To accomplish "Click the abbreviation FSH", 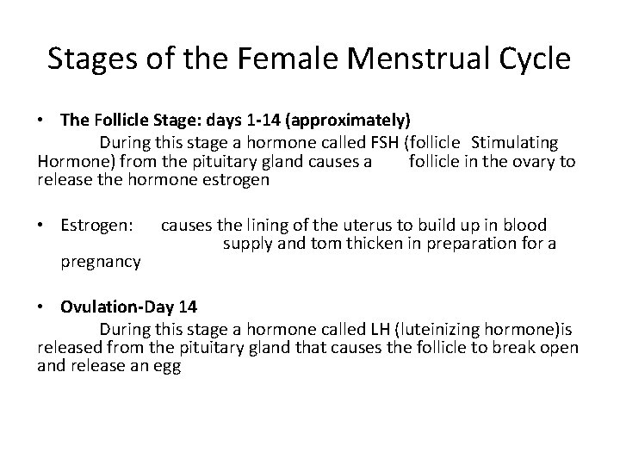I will (x=375, y=142).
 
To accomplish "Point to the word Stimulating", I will (x=515, y=142).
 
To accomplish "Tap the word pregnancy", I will (x=101, y=261).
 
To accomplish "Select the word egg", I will (x=167, y=365).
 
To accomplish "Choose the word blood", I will (x=524, y=226).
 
